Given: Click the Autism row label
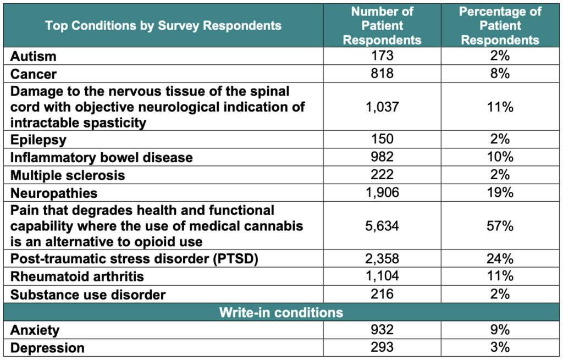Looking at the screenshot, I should (34, 56).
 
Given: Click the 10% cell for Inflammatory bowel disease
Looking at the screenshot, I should (500, 158).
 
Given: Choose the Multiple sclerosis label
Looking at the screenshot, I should (68, 175).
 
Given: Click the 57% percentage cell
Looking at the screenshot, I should (500, 226).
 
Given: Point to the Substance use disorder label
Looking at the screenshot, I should (89, 295).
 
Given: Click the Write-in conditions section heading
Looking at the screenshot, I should (281, 312).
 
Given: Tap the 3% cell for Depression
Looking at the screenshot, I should (500, 347).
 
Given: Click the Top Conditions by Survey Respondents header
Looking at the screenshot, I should (163, 26).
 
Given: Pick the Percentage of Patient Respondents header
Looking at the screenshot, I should (500, 26).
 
